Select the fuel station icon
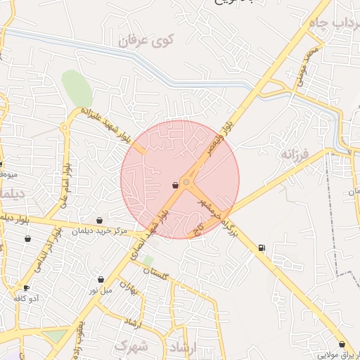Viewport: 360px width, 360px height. [x=262, y=247]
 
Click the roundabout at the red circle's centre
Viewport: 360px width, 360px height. [x=186, y=183]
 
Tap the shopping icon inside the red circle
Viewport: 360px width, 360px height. [x=174, y=186]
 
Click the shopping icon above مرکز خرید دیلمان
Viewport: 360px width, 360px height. [x=99, y=221]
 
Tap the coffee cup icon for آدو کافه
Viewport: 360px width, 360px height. [x=27, y=288]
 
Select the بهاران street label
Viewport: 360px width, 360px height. [x=126, y=288]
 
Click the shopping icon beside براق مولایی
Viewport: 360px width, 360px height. [x=342, y=345]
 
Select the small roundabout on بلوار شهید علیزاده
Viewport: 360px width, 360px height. [x=65, y=127]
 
